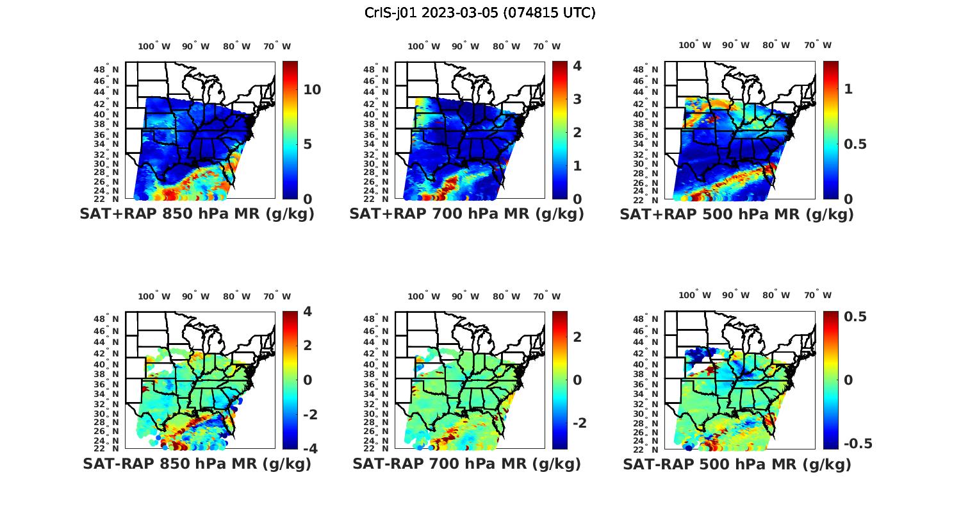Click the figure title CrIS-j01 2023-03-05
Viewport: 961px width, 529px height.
tap(480, 13)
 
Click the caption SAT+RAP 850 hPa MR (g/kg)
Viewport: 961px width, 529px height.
tap(197, 214)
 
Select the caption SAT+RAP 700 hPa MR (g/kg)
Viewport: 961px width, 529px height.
tap(466, 214)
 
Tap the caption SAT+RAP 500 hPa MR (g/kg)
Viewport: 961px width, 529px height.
tap(737, 214)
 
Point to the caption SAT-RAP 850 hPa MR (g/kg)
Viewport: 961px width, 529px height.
tap(197, 464)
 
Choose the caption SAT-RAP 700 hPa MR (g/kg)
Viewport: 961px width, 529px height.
tap(466, 464)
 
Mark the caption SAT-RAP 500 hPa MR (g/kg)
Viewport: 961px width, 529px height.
tap(737, 464)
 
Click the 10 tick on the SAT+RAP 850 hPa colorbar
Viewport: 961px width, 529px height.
tap(312, 90)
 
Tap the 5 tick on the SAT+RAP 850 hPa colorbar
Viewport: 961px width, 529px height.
tap(308, 144)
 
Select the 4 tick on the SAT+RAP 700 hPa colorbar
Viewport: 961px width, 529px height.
tap(577, 66)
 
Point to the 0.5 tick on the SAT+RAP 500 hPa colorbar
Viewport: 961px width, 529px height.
tap(855, 144)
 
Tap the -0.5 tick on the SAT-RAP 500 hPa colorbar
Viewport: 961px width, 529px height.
tap(858, 444)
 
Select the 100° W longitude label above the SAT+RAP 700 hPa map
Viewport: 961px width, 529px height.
tap(423, 46)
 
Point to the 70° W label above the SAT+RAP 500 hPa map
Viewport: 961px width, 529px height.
tap(817, 45)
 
